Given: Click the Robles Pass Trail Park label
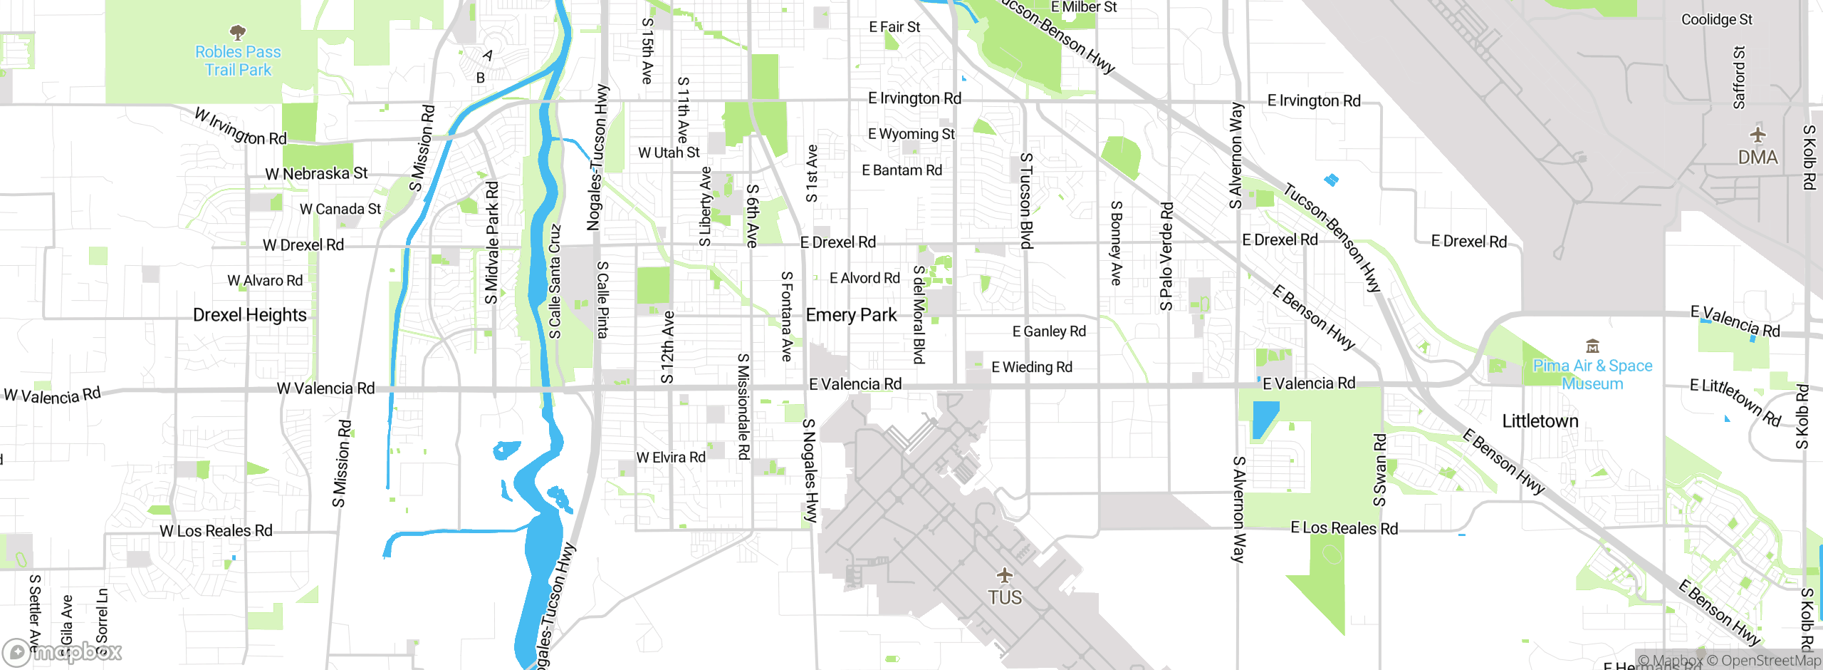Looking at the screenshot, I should coord(238,61).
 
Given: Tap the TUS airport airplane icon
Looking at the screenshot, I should coord(1005,574).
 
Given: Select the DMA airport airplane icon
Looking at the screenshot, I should coord(1758,135).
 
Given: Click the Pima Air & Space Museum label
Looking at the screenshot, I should coord(1592,374).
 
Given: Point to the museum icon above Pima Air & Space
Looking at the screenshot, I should coord(1593,346).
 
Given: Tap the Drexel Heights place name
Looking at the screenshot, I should coord(250,315).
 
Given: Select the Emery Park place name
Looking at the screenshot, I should coord(851,315).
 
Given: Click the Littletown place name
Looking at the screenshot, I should coord(1540,421).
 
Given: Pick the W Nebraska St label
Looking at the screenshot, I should coord(316,173).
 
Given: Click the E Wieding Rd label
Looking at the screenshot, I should coord(1032,367).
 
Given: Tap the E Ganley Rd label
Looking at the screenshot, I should coord(1049,331).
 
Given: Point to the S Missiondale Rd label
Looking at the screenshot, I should coord(743,406).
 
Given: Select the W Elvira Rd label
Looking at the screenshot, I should coord(671,458).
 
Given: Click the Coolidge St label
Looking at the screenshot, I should coord(1716,19).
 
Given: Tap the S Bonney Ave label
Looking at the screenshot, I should coord(1117,243).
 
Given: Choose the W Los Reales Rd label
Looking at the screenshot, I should coord(216,531).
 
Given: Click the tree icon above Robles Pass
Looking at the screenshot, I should coord(238,32).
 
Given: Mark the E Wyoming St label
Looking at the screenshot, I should coord(911,134).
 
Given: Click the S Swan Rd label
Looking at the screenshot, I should coord(1380,470).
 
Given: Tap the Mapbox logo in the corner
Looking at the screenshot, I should coord(63,651).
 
